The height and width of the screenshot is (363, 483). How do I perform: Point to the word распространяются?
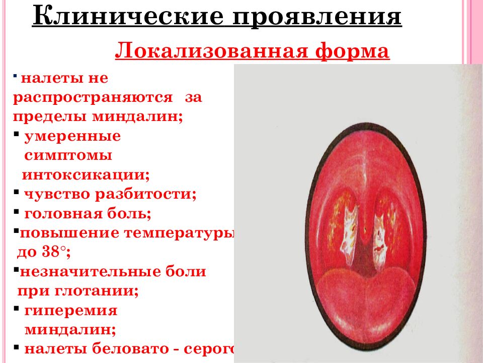tap(93, 97)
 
